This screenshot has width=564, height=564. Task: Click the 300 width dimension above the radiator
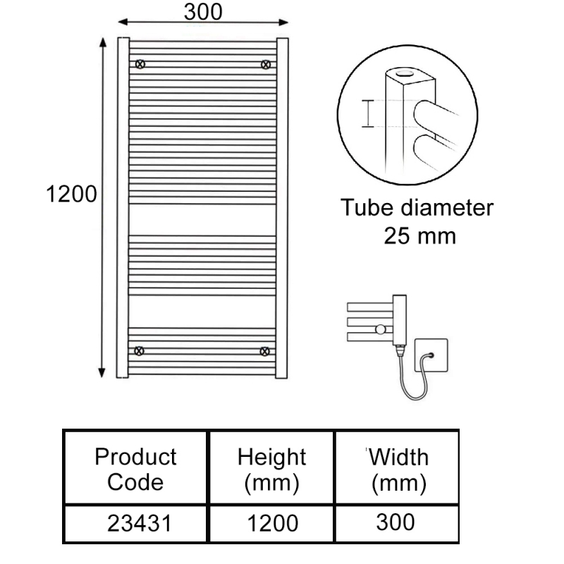(203, 12)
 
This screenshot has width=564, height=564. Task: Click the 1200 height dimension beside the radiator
(72, 195)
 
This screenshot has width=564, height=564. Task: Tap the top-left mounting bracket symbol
(140, 64)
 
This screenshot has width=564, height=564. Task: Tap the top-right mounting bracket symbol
(266, 65)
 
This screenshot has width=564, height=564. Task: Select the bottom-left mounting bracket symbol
(139, 350)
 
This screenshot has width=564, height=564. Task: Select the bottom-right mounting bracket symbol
(265, 351)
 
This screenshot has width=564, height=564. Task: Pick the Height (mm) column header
(271, 470)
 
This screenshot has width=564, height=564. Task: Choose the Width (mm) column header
(398, 470)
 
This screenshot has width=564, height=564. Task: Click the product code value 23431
(140, 523)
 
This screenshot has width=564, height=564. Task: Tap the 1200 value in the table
(273, 523)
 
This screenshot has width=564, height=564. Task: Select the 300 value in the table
(396, 522)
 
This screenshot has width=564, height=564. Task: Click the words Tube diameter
(417, 207)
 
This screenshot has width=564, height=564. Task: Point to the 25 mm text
(419, 236)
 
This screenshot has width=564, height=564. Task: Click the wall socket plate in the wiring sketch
(431, 355)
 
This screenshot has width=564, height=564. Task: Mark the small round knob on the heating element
(380, 329)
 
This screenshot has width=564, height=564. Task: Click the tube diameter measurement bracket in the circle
(367, 114)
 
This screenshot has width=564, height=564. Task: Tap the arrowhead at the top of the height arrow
(103, 42)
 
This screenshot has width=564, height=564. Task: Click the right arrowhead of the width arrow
(283, 23)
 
